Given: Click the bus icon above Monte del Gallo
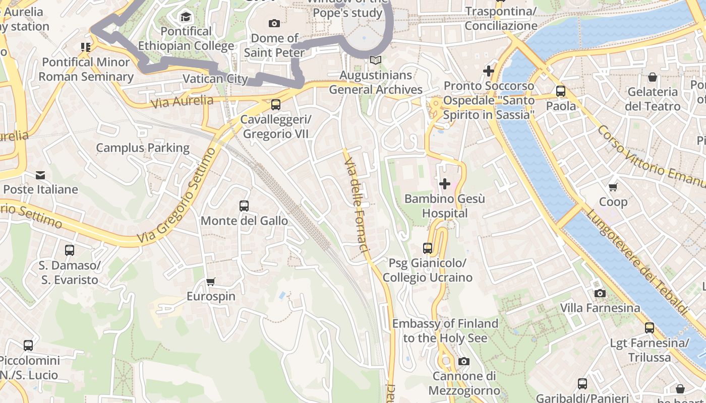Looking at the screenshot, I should tap(244, 206).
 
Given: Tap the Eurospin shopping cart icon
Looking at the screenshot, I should tap(211, 282).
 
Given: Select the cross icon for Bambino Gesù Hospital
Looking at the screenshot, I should tap(445, 184).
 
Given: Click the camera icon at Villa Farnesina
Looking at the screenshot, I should tap(600, 293).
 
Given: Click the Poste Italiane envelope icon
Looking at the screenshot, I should tap(40, 175).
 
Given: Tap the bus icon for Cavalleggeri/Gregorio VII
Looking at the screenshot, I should tap(276, 105).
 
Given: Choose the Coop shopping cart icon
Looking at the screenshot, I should tap(613, 187).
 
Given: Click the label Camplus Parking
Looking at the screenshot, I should tap(143, 148).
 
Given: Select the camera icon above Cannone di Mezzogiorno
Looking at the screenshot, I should tap(464, 361).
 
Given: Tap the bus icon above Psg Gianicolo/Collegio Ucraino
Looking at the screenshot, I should tap(428, 248).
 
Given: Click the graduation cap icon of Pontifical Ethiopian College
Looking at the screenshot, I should tap(186, 17).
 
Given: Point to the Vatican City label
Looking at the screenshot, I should tap(215, 79).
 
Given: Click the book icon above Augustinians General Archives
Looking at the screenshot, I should tap(375, 60).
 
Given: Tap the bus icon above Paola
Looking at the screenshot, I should tap(561, 91).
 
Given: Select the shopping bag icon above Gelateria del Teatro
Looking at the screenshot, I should tap(653, 77).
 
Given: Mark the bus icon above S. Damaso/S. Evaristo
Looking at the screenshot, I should tap(70, 250).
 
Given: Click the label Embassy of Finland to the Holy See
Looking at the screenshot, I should tap(445, 330).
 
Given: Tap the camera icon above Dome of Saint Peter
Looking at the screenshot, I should tap(274, 23).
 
